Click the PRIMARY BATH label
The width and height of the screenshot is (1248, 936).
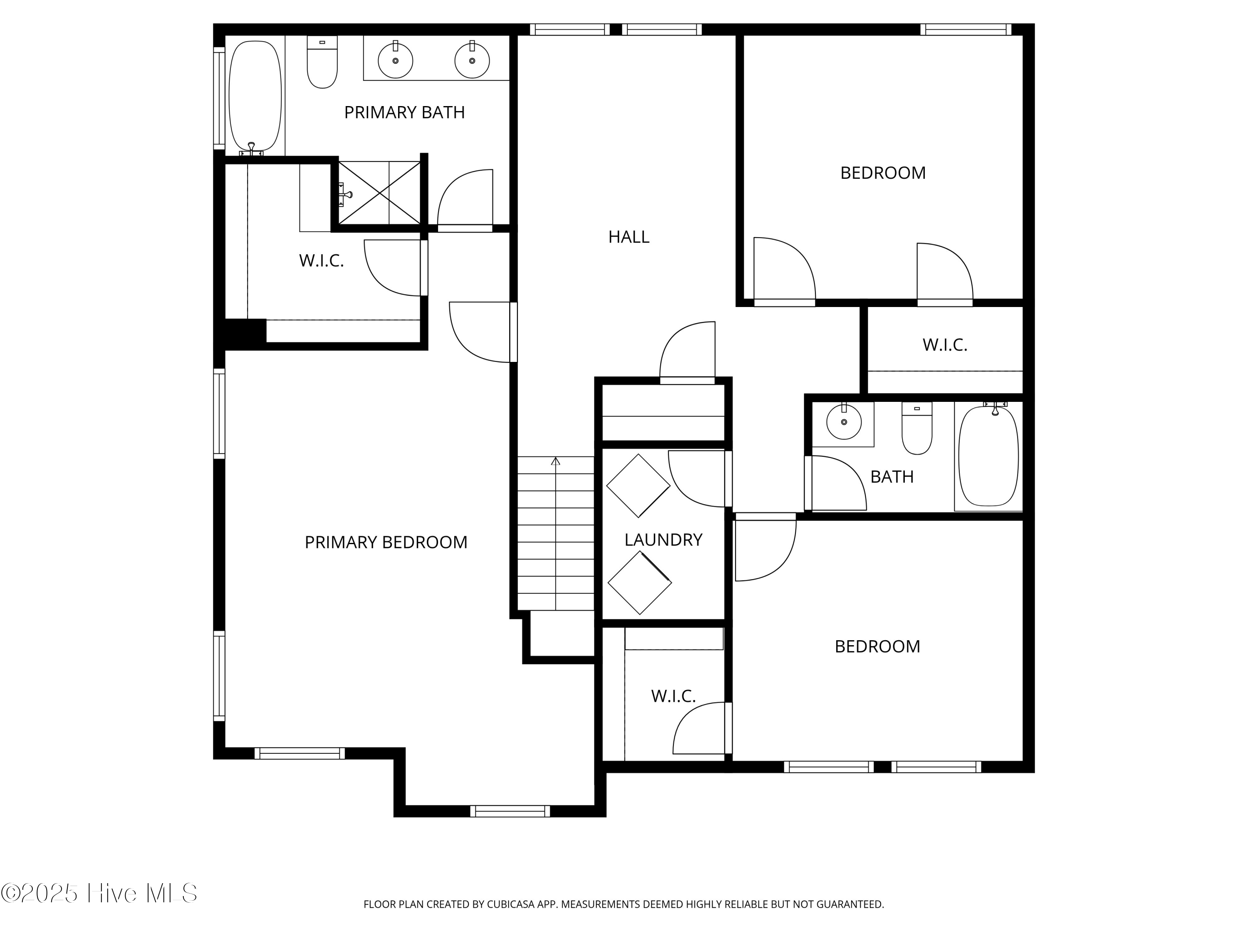(404, 112)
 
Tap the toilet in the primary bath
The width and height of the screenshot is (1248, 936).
(322, 63)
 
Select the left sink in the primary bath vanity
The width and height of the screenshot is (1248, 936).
(396, 60)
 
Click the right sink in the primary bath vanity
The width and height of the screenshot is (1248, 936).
(472, 60)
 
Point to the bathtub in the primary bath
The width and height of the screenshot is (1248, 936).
(255, 96)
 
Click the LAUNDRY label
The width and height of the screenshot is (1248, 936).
(663, 540)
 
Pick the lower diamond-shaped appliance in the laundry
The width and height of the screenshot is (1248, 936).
(639, 583)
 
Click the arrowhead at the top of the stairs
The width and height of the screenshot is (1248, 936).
(556, 461)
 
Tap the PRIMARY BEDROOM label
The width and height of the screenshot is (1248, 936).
(386, 542)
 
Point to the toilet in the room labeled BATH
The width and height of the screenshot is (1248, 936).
(917, 429)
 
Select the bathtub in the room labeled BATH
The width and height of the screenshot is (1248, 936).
(988, 456)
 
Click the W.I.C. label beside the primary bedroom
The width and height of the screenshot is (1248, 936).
(321, 261)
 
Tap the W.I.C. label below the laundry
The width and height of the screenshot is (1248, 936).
(673, 696)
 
